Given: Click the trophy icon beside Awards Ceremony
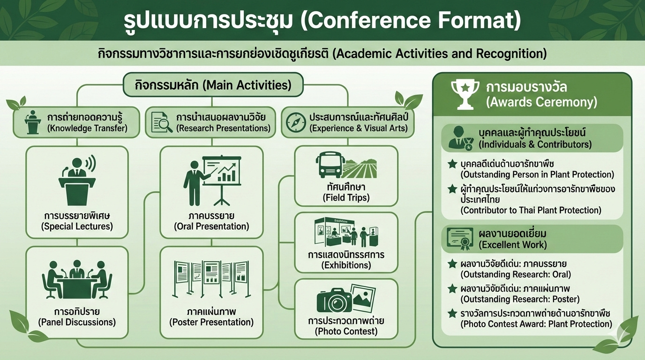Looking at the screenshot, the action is click(x=465, y=95).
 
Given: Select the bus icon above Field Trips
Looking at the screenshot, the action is click(x=331, y=165).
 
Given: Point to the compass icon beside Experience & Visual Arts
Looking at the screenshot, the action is click(x=296, y=122).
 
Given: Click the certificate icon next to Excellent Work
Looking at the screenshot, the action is click(x=460, y=239).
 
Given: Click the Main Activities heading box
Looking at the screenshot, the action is click(x=213, y=85).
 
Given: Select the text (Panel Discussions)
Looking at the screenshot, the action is click(x=77, y=322).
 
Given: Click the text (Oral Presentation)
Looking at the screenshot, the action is click(x=211, y=226).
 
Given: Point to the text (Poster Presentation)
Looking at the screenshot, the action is click(x=211, y=322).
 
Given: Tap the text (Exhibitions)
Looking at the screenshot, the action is click(x=346, y=265).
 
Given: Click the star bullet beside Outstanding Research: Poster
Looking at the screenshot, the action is click(x=452, y=289).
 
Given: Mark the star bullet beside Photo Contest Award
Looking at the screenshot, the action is click(x=452, y=313).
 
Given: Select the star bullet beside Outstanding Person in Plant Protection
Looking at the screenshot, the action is click(x=452, y=164).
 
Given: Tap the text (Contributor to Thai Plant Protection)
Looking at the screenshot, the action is click(x=531, y=210).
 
